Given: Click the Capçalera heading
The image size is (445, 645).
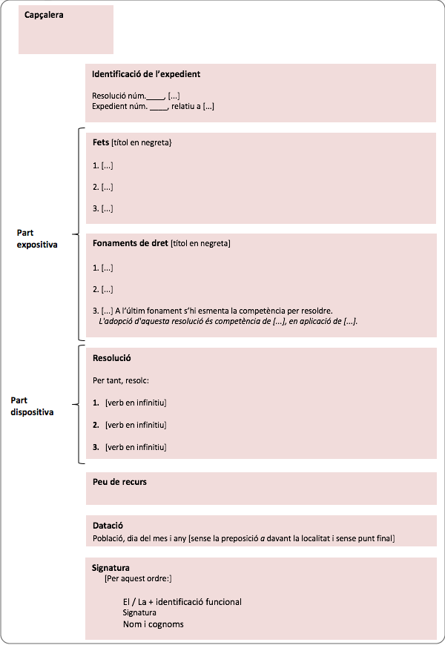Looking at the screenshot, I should pos(44,14).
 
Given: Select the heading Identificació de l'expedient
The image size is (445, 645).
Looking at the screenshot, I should pos(146,74).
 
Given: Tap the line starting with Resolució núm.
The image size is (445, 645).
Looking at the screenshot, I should pos(136,96).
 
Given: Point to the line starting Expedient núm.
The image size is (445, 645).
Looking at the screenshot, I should pos(154,106).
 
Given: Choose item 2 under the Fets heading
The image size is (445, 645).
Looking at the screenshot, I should pos(103,187).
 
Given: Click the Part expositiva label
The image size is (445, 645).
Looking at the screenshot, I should pos(37,238).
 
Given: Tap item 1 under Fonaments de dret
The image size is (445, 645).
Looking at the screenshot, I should pos(103,267).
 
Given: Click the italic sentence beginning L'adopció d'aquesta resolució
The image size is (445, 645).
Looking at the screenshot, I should pos(228,321).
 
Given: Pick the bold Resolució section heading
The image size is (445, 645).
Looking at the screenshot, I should pos(112,358).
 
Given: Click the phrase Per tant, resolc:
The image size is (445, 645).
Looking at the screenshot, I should pos(121,380).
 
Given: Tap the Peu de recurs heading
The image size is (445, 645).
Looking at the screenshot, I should pos(119,482).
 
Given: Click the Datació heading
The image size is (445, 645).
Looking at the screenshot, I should pos(108,526).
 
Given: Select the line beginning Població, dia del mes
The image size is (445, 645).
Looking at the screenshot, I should pos(243,537).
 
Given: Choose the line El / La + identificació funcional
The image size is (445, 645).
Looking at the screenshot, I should pos(182,602).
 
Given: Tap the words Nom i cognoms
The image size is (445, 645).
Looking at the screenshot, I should pos(154,624).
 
